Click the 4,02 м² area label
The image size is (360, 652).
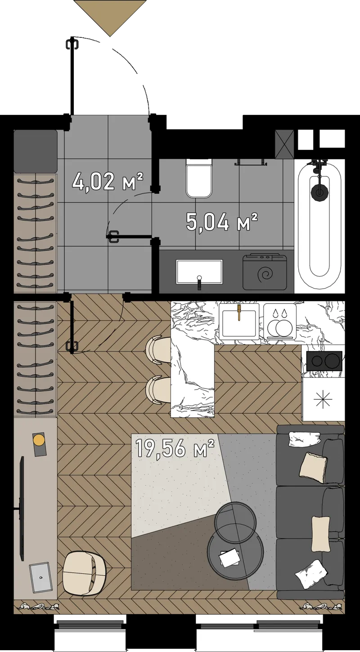[x=108, y=181]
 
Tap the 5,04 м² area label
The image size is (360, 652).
[x=222, y=222]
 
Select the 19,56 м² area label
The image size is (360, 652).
[x=175, y=448]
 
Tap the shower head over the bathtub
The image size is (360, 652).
[x=319, y=190]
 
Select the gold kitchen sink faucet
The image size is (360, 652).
[x=239, y=312]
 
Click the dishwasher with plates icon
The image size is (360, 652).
[x=280, y=321]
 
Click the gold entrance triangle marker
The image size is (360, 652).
[x=110, y=18]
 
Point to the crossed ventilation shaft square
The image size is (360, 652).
[x=284, y=144]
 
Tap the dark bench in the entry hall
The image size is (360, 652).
[x=36, y=151]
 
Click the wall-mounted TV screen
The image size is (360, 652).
[x=21, y=508]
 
